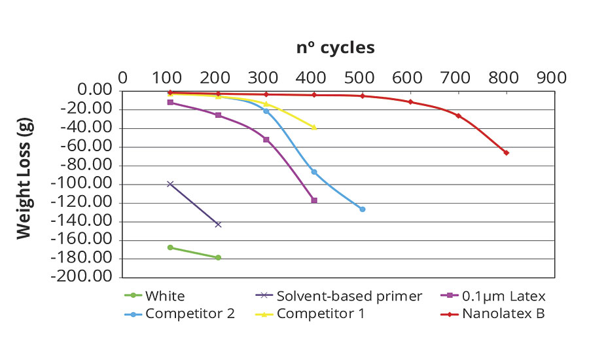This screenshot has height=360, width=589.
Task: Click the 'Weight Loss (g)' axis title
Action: point(24,182)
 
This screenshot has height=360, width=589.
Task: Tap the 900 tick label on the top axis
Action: point(552,77)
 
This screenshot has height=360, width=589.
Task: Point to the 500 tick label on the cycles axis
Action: point(361,77)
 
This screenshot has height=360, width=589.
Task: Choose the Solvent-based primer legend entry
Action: point(349,297)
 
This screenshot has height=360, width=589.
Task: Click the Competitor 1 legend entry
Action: point(321,314)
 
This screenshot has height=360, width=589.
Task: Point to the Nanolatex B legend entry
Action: point(503,314)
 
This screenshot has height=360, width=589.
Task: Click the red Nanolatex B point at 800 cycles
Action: point(506,153)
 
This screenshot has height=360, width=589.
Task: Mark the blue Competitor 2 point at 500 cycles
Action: point(363,209)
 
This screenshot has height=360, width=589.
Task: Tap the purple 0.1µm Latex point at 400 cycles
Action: point(314,200)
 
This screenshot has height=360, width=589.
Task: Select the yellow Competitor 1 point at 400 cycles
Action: point(314,127)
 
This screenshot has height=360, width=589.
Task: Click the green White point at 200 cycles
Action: point(218,257)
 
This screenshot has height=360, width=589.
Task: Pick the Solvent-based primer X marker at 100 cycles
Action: point(170,184)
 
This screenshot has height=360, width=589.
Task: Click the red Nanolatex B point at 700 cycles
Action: point(458,116)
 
